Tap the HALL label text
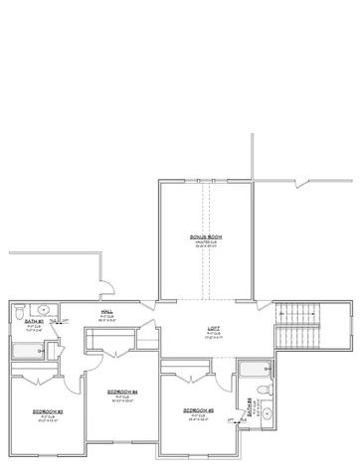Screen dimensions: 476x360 (106, 311)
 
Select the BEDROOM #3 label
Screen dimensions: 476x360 (46, 410)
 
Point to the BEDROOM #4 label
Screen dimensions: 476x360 (121, 393)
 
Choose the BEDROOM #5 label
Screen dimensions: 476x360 (199, 409)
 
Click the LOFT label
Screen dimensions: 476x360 (214, 328)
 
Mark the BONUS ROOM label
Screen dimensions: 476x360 (207, 236)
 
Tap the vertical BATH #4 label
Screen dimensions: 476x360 (249, 406)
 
